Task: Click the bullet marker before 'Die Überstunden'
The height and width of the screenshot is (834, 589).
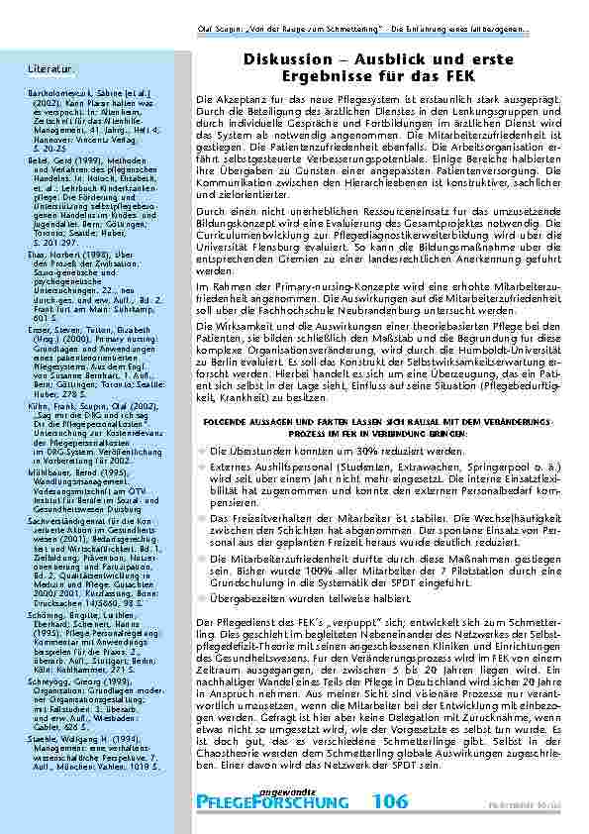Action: coord(202,451)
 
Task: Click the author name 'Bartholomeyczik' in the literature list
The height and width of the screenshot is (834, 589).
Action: coord(56,91)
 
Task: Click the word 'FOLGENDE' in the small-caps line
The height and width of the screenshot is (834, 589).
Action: coord(232,422)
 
